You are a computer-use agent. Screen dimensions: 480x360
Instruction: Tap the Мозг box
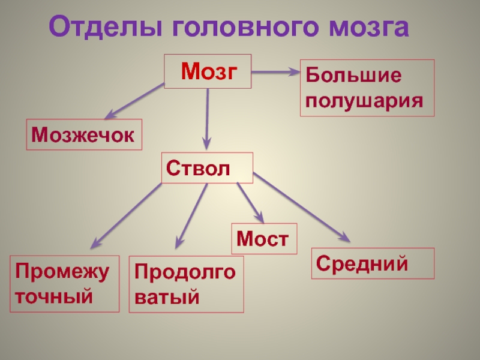pos(208,71)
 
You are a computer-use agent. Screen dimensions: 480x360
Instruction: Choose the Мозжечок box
pos(83,134)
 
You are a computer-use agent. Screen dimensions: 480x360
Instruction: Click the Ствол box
pos(206,167)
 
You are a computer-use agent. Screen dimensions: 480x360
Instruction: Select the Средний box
pos(372,263)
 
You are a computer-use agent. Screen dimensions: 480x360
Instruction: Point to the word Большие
pos(353,76)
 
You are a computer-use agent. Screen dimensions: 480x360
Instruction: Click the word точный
pos(55,295)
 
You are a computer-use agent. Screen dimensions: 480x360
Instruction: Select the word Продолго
pos(186,273)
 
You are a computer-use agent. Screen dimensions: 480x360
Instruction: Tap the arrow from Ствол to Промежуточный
pos(126,215)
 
